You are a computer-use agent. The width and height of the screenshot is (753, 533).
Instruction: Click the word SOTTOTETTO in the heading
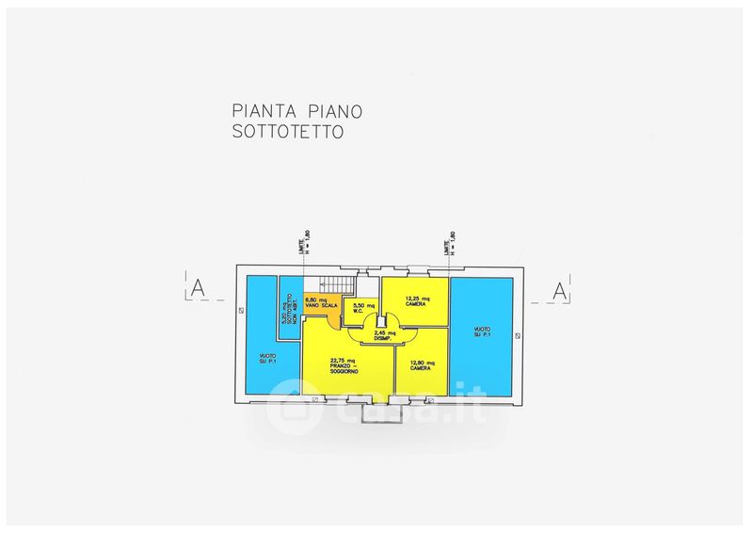pyautogui.click(x=288, y=133)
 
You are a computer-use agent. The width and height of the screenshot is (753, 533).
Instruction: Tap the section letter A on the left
pyautogui.click(x=198, y=289)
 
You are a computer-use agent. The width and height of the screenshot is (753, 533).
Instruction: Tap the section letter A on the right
pyautogui.click(x=558, y=291)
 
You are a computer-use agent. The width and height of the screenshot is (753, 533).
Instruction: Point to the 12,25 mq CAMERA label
pyautogui.click(x=414, y=301)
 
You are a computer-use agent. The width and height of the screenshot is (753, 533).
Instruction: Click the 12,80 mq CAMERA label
pyautogui.click(x=420, y=364)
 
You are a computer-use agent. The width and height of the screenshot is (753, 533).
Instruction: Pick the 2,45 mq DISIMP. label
pyautogui.click(x=385, y=336)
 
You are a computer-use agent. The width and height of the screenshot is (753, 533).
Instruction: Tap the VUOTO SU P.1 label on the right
pyautogui.click(x=482, y=331)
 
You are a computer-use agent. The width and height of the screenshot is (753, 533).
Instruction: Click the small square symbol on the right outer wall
pyautogui.click(x=516, y=335)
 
